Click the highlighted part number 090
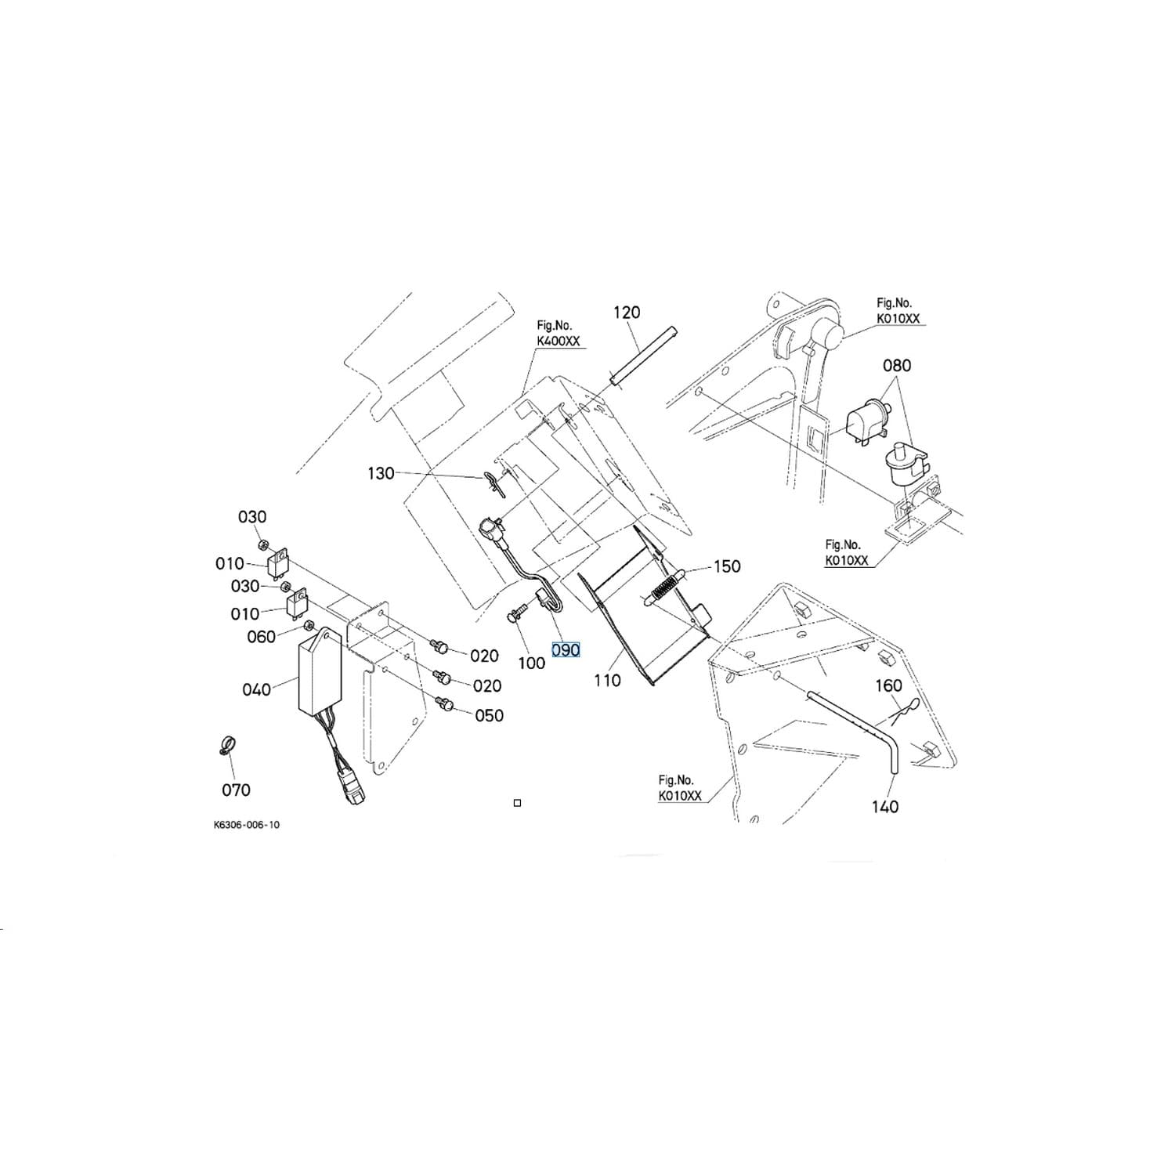click(566, 650)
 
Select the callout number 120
click(626, 313)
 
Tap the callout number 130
click(381, 474)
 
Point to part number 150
click(727, 566)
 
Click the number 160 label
click(888, 686)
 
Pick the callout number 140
click(885, 807)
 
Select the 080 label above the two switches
click(897, 366)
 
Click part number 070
click(236, 790)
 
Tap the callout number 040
click(256, 690)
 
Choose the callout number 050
click(490, 716)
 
